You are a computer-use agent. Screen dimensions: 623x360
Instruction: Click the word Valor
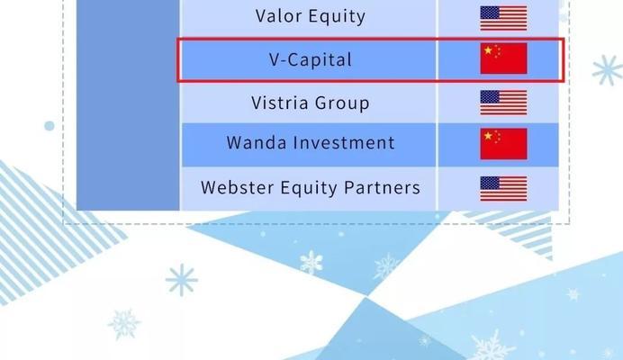[278, 16]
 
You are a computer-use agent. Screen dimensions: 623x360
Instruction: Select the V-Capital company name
[311, 60]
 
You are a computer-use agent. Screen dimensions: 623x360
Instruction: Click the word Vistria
[280, 103]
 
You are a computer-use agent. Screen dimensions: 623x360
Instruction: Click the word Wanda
[257, 142]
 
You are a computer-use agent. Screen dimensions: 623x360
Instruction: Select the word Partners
[382, 187]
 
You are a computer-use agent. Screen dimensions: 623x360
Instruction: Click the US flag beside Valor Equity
[503, 18]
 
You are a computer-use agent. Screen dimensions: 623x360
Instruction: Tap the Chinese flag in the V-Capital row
[503, 58]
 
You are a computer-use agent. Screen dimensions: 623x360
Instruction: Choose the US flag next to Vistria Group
[503, 103]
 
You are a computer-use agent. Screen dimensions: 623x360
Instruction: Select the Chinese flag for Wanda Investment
[503, 144]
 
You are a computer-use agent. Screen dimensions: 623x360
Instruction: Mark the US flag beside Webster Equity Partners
[503, 189]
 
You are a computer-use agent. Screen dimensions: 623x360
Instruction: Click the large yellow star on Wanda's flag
[488, 136]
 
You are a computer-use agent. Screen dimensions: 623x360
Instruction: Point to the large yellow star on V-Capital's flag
[488, 51]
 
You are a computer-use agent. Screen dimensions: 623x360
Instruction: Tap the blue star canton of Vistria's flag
[490, 96]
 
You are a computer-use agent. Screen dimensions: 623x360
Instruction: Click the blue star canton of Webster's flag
[490, 183]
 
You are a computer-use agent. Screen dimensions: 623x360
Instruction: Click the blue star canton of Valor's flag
[490, 13]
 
